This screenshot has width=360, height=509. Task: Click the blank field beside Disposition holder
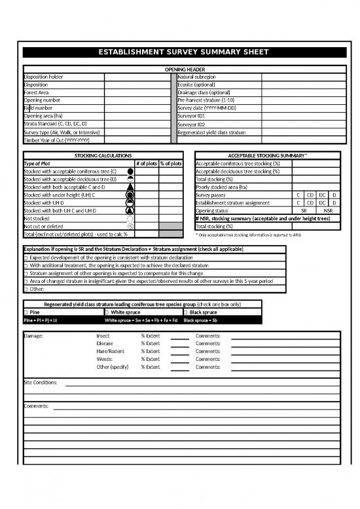click(x=137, y=77)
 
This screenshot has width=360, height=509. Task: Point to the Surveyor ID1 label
click(x=191, y=116)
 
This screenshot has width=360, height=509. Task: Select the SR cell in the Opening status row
click(x=304, y=211)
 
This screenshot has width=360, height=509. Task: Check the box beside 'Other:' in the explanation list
click(x=26, y=289)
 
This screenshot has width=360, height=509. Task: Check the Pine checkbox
click(x=26, y=312)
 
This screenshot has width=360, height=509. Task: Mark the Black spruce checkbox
click(x=186, y=312)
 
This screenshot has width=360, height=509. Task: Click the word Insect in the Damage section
click(x=103, y=336)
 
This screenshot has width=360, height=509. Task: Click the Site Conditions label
click(x=40, y=382)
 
